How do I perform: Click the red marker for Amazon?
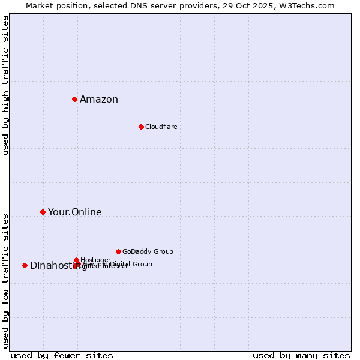point(74,99)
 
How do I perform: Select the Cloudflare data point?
point(141,127)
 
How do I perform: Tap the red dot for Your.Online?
point(43,212)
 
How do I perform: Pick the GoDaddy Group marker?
point(118,251)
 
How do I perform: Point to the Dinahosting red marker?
point(25,265)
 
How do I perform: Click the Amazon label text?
point(99,100)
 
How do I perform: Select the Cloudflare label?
point(161,127)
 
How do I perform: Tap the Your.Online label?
point(75,212)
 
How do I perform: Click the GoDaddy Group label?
point(148,252)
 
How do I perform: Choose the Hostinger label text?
point(95,260)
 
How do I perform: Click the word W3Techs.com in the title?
point(309,5)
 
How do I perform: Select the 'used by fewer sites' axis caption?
point(62,355)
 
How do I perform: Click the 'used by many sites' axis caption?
point(301,355)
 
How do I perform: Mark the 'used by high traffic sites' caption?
point(5,85)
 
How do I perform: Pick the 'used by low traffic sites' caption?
point(5,281)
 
